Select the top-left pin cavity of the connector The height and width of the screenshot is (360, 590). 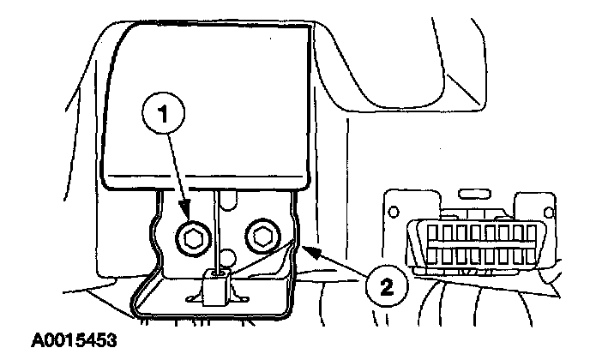point(429,231)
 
